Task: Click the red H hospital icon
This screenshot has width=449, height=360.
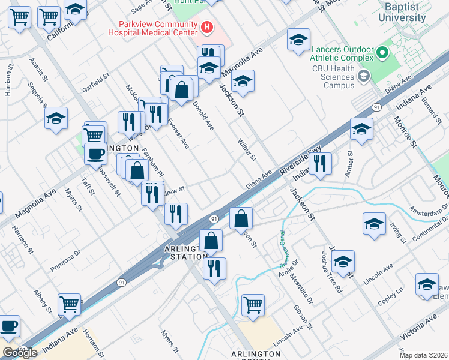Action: pyautogui.click(x=207, y=26)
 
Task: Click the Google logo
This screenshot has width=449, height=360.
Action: pyautogui.click(x=20, y=353)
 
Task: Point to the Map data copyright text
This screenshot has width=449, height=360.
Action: pyautogui.click(x=424, y=355)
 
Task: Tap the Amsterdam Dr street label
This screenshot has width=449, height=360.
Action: pyautogui.click(x=429, y=211)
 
